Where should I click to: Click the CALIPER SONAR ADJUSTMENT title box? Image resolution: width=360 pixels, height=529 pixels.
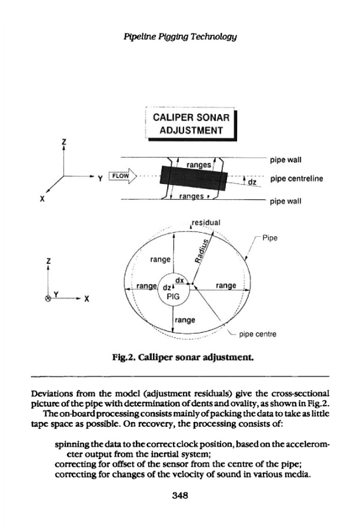pyautogui.click(x=191, y=124)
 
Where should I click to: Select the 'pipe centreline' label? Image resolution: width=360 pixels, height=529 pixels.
pyautogui.click(x=296, y=179)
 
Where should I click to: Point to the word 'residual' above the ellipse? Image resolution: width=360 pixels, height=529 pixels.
pyautogui.click(x=206, y=222)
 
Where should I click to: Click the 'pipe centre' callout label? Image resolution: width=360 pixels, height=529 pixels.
pyautogui.click(x=258, y=334)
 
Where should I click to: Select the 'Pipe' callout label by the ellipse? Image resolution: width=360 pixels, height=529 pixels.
pyautogui.click(x=270, y=238)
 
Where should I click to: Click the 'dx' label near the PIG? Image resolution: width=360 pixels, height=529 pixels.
pyautogui.click(x=179, y=280)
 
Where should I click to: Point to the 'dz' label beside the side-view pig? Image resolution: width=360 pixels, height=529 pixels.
pyautogui.click(x=252, y=182)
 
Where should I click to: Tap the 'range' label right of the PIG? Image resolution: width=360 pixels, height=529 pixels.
pyautogui.click(x=226, y=286)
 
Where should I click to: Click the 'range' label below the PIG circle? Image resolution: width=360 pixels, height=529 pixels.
pyautogui.click(x=185, y=320)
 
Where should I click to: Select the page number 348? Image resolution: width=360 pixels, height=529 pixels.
pyautogui.click(x=180, y=495)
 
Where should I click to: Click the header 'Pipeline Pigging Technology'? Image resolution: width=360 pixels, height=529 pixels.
pyautogui.click(x=180, y=36)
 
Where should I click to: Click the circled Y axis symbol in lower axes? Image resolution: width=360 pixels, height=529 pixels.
pyautogui.click(x=48, y=298)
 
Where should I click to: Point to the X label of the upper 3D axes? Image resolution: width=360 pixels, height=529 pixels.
pyautogui.click(x=42, y=199)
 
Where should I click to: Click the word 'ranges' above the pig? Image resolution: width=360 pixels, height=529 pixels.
pyautogui.click(x=199, y=165)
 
